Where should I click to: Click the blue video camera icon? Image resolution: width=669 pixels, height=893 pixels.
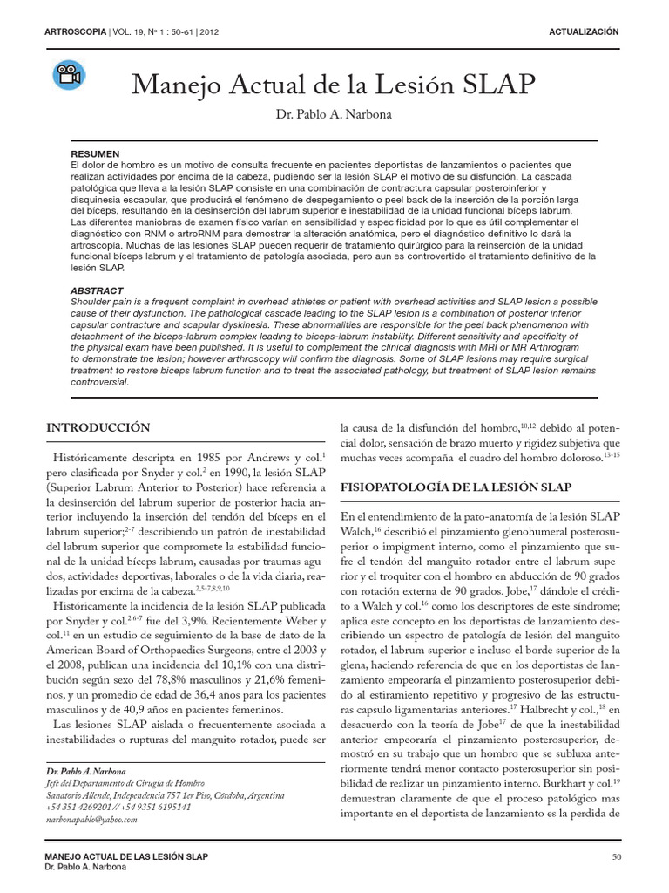68,76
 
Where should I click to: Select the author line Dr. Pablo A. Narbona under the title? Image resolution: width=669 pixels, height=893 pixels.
334,116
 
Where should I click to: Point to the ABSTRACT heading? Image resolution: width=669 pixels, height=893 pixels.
98,290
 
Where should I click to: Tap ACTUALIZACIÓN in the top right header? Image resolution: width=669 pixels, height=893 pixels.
584,31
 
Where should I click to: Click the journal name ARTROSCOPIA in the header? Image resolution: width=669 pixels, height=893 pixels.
74,32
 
